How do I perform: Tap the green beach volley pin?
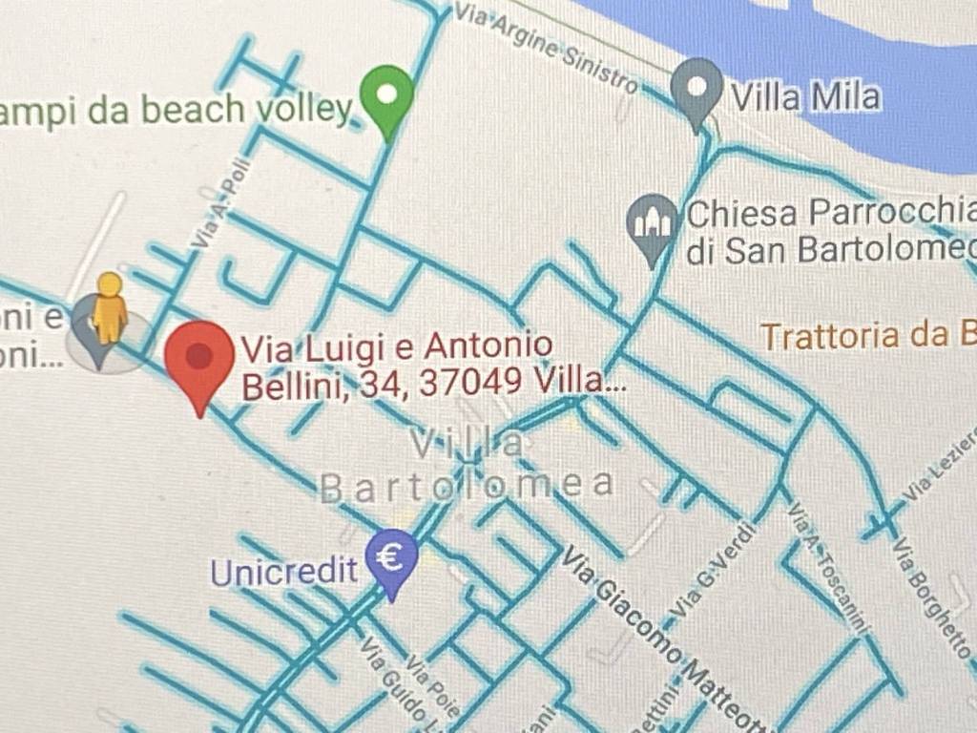386,96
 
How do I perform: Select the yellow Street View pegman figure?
111,306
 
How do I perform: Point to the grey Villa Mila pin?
696,88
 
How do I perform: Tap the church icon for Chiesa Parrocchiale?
653,223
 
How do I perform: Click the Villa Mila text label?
804,95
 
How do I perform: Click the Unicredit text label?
283,572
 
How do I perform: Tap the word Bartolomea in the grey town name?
467,486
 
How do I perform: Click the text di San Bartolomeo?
830,250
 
